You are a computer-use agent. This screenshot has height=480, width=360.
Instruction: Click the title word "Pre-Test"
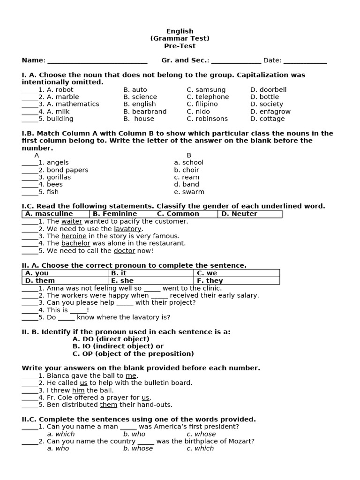[x=180, y=46]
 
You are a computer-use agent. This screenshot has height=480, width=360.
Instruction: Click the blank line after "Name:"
[x=97, y=61]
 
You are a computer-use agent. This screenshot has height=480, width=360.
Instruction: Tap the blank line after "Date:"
[x=305, y=61]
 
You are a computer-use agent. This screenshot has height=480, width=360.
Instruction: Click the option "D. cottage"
[x=267, y=119]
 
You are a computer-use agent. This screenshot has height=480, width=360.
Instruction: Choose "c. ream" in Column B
[x=187, y=177]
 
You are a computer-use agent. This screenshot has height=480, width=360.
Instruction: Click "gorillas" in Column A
[x=59, y=177]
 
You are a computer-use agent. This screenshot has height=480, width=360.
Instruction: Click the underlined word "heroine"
[x=74, y=236]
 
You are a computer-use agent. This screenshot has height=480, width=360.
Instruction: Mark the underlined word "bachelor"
[x=75, y=243]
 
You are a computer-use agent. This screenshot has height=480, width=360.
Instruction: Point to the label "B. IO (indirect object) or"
[x=118, y=346]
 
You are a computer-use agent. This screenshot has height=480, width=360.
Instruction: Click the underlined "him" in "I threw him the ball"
[x=78, y=390]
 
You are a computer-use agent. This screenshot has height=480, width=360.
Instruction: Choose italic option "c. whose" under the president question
[x=201, y=434]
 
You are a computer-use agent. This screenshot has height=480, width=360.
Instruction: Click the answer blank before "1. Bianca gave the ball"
[x=30, y=376]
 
